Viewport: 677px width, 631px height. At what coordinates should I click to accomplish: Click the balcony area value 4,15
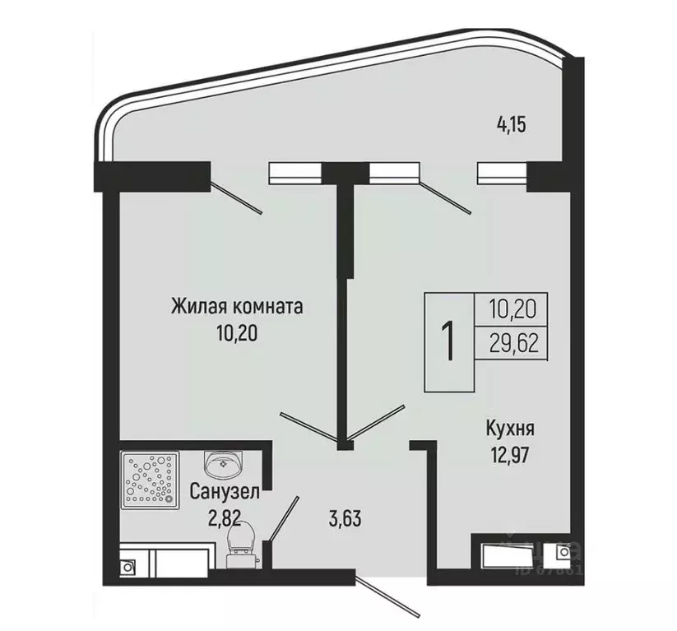[511, 125]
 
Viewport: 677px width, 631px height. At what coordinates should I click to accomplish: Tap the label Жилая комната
[237, 307]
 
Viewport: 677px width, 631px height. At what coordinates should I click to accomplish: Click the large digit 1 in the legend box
[449, 342]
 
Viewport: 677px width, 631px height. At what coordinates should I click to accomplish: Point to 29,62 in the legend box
[512, 343]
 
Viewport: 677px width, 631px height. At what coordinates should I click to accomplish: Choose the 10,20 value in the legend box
[512, 309]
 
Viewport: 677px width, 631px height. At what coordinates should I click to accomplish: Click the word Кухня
[510, 429]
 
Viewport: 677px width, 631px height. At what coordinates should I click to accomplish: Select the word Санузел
[225, 493]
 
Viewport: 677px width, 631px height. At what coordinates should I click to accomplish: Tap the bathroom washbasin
[223, 464]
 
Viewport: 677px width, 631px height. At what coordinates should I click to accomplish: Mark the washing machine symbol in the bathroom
[129, 566]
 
